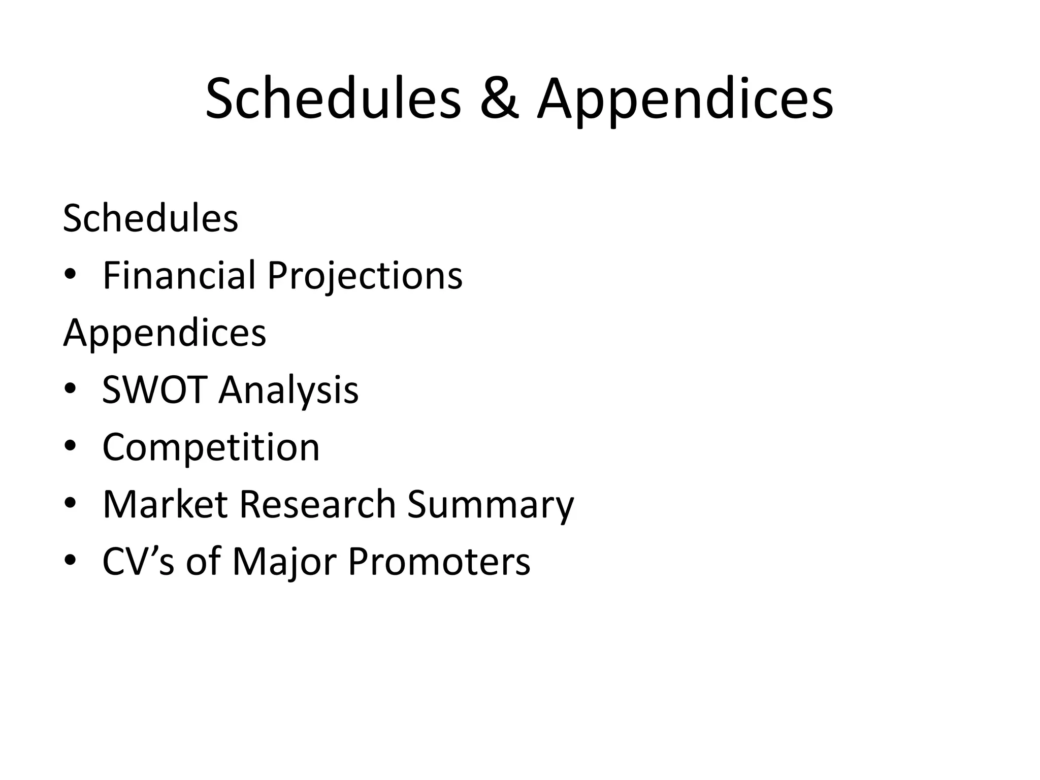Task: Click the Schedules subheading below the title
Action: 150,218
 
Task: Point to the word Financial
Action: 179,276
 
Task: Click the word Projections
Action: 365,276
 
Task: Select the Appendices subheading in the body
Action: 165,333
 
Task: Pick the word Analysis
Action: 288,390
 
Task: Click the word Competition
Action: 211,447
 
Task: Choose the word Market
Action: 165,504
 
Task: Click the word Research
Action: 317,504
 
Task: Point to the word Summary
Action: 491,504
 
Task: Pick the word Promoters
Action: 439,562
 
